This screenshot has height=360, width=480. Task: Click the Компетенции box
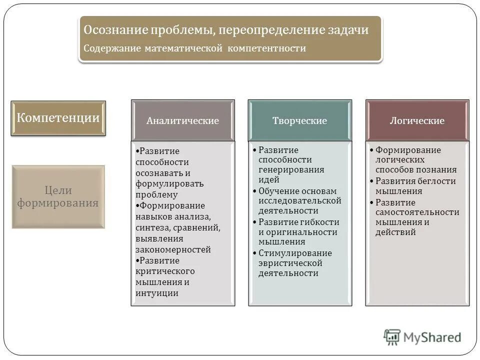(x=58, y=118)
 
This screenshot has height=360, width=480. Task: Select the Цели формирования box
(x=58, y=196)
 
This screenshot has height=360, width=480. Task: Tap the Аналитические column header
(x=182, y=121)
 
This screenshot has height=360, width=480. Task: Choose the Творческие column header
(x=299, y=121)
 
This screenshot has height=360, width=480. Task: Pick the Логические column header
(x=417, y=121)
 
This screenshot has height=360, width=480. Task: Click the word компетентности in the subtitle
(x=267, y=48)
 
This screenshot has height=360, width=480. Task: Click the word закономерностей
(x=173, y=249)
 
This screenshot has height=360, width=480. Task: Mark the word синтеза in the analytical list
(x=152, y=227)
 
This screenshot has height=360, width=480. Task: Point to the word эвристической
(x=290, y=263)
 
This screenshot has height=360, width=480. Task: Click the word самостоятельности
(x=417, y=212)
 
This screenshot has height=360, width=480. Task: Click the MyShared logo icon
(x=392, y=337)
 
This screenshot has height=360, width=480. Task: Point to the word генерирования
(x=291, y=170)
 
